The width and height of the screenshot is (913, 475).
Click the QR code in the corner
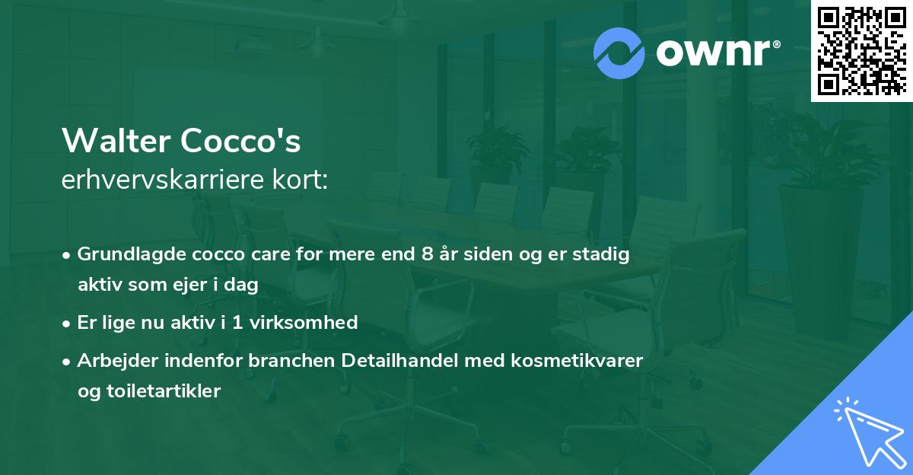[x=861, y=50]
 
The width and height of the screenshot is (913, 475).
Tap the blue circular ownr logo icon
[x=619, y=53]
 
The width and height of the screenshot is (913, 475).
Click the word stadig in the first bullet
[x=604, y=254]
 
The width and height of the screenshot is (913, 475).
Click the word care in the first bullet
[x=270, y=254]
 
